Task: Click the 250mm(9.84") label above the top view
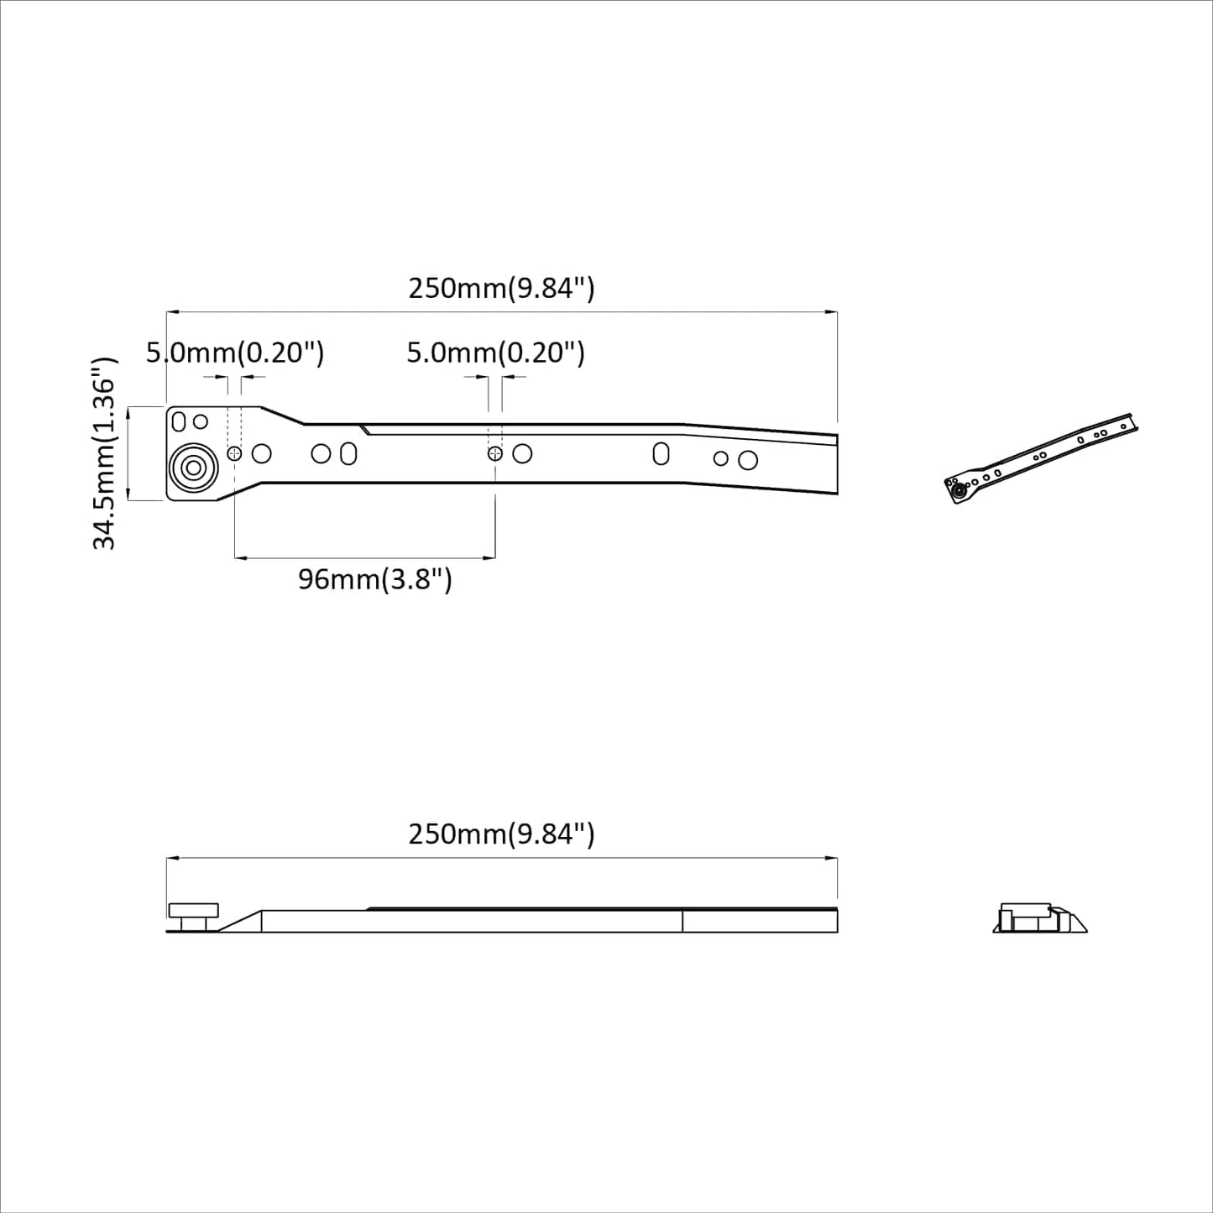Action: pyautogui.click(x=501, y=289)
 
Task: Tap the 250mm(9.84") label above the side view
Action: pyautogui.click(x=501, y=834)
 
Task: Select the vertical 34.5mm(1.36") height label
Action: pyautogui.click(x=104, y=453)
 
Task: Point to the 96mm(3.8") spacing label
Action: pyautogui.click(x=375, y=579)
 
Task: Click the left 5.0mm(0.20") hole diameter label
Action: pyautogui.click(x=235, y=353)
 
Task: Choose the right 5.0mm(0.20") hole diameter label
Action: pyautogui.click(x=495, y=353)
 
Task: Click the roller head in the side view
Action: pyautogui.click(x=194, y=911)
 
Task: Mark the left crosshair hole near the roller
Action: pyautogui.click(x=234, y=453)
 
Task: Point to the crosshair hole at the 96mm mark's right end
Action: pyautogui.click(x=495, y=453)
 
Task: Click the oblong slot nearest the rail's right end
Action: pyautogui.click(x=661, y=453)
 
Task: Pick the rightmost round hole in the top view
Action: pyautogui.click(x=748, y=460)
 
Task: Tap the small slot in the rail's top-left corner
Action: pyautogui.click(x=179, y=421)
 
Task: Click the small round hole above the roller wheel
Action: pyautogui.click(x=201, y=421)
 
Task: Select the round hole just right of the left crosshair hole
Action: pyautogui.click(x=262, y=453)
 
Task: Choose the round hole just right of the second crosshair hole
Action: pyautogui.click(x=522, y=453)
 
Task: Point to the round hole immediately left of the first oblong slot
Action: pyautogui.click(x=321, y=453)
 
